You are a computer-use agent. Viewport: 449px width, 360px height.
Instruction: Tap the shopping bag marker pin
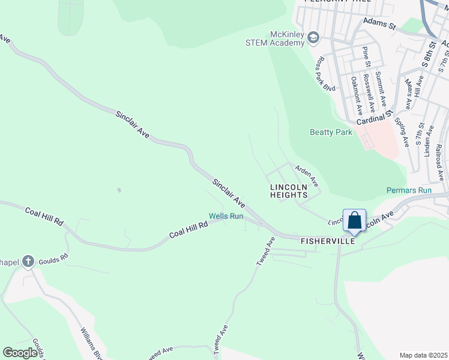pos(354,221)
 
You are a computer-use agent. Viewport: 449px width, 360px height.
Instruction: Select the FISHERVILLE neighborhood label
pos(327,241)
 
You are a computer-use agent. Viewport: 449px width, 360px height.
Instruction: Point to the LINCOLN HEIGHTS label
pos(289,191)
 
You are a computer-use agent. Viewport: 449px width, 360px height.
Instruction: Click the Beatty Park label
pos(331,132)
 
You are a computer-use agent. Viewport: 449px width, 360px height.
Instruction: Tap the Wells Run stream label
pos(226,216)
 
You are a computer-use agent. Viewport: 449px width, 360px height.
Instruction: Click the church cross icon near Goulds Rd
pos(28,261)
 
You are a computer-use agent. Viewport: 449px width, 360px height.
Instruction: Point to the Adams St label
pos(381,25)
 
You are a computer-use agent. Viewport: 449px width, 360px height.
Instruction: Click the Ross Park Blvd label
pos(326,74)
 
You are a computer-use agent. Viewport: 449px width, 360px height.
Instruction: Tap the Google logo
pos(20,353)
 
